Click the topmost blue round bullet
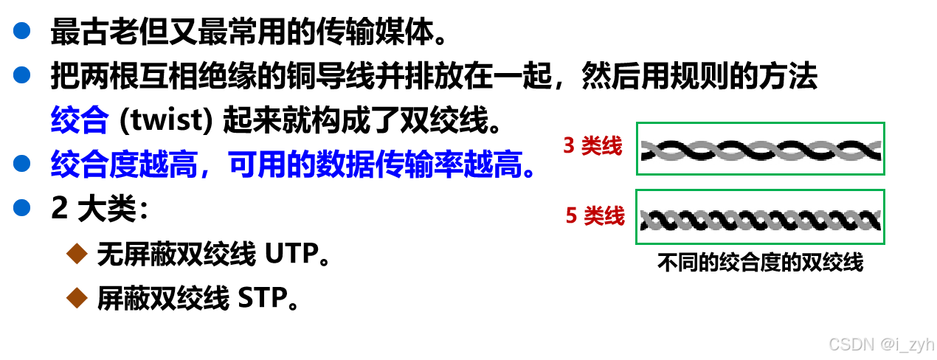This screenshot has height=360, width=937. pyautogui.click(x=22, y=30)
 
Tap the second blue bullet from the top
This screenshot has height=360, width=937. pyautogui.click(x=22, y=75)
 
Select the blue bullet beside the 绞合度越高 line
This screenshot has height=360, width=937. pyautogui.click(x=22, y=163)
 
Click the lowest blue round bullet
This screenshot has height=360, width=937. pyautogui.click(x=22, y=207)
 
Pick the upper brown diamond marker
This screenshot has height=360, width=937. pyautogui.click(x=77, y=254)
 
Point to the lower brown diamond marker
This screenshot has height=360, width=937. pyautogui.click(x=77, y=298)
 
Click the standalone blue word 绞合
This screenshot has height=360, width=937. pyautogui.click(x=80, y=120)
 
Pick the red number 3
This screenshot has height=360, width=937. pyautogui.click(x=569, y=146)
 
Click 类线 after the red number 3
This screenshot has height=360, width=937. pyautogui.click(x=602, y=146)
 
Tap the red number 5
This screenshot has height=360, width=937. pyautogui.click(x=571, y=216)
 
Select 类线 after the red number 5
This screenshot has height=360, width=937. pyautogui.click(x=604, y=216)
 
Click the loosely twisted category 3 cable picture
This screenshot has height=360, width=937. pyautogui.click(x=761, y=149)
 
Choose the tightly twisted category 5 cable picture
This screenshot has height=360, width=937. pyautogui.click(x=761, y=218)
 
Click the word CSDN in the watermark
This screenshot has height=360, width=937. pyautogui.click(x=850, y=344)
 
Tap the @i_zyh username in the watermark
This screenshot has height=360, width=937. pyautogui.click(x=906, y=344)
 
